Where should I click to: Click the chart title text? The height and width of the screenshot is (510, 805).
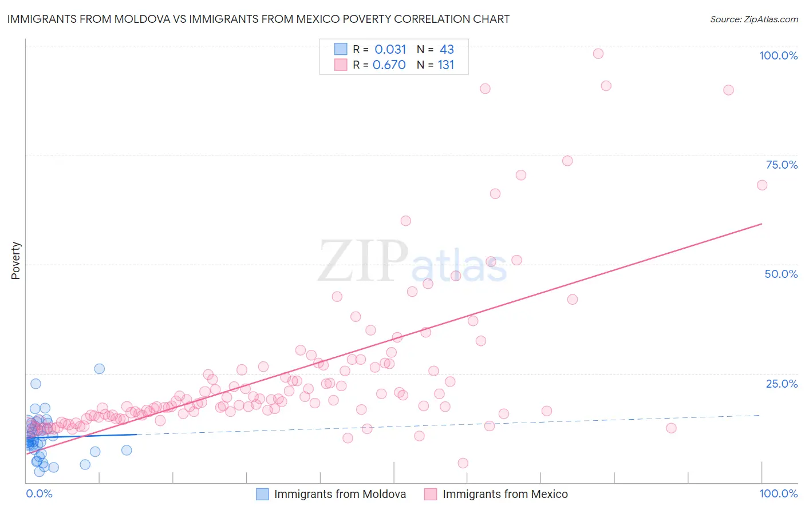(258, 19)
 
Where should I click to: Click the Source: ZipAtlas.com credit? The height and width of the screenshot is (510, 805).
(753, 19)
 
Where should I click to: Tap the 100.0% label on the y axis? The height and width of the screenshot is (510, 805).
(778, 55)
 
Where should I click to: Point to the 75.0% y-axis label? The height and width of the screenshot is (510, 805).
(782, 165)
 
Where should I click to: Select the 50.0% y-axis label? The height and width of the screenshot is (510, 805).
(781, 274)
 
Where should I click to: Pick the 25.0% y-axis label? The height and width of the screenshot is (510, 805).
(782, 384)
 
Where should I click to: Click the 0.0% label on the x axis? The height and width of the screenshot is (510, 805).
(39, 493)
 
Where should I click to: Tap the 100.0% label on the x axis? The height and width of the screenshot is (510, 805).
(778, 493)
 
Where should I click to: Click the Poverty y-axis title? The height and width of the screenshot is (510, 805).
(15, 261)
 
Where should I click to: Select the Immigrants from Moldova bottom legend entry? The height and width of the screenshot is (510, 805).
(340, 494)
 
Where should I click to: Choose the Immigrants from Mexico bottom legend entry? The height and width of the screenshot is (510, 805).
(505, 494)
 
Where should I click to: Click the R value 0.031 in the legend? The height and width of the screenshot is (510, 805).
(390, 50)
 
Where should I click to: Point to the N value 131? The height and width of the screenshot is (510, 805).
(445, 65)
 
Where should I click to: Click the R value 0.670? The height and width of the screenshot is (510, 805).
(389, 65)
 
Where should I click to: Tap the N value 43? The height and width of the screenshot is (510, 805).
(447, 50)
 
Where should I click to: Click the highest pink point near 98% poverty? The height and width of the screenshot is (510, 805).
(598, 54)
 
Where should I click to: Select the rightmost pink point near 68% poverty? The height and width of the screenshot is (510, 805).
(762, 185)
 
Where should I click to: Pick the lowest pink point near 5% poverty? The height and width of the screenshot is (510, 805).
(463, 463)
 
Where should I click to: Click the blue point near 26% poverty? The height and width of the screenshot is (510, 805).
(100, 369)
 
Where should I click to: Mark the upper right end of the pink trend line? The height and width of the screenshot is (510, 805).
(762, 224)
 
